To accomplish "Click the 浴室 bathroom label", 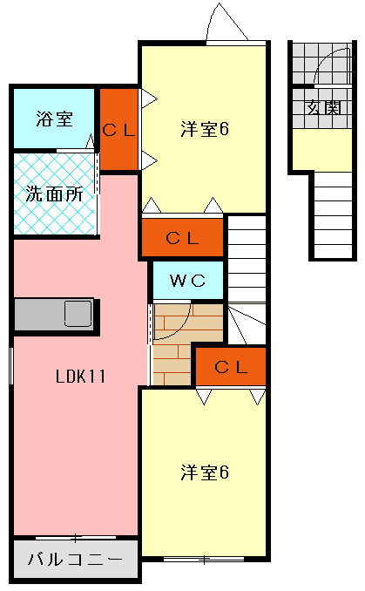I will [x=54, y=119].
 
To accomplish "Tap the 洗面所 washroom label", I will [x=54, y=194].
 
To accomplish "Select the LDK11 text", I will [x=80, y=377].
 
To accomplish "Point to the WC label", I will [x=186, y=281].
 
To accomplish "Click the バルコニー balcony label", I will [x=75, y=559].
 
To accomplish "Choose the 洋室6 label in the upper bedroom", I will [x=204, y=129].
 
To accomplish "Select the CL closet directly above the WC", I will [x=183, y=236].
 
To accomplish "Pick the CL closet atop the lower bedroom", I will [x=231, y=367].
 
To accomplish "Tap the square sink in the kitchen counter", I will [x=78, y=312].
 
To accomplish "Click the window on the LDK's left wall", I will [x=11, y=363].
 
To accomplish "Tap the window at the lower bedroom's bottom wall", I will [x=203, y=557].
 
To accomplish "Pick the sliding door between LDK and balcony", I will [x=75, y=536].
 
